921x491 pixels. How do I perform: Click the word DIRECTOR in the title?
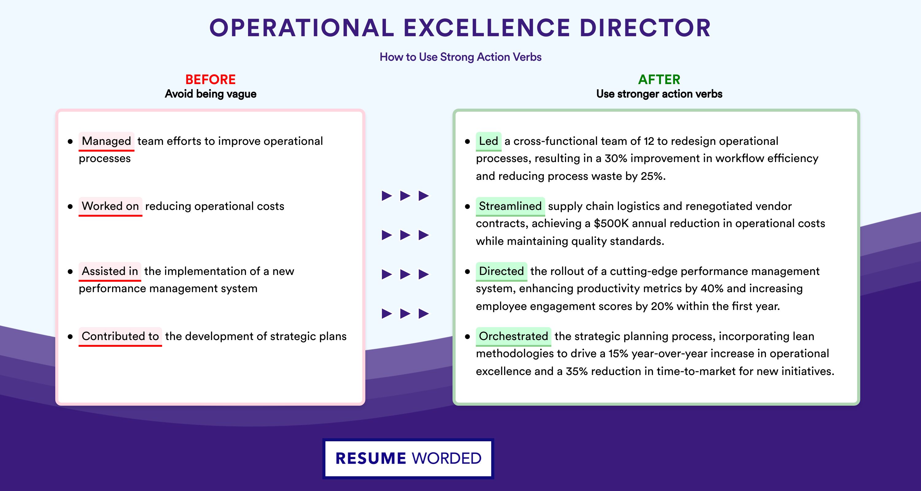point(645,28)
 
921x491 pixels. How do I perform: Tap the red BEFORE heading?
point(211,79)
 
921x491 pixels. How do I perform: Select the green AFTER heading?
point(659,79)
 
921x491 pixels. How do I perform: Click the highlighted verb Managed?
point(107,141)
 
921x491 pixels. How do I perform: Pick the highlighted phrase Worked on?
point(111,206)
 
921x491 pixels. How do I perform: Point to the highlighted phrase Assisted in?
point(110,271)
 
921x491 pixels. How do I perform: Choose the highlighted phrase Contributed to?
point(120,336)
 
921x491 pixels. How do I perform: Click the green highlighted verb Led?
point(488,141)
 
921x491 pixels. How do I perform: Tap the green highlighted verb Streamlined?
point(510,206)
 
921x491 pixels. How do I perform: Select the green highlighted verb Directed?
point(501,271)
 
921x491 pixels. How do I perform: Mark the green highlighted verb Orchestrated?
point(513,336)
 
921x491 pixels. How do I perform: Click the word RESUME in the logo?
point(371,458)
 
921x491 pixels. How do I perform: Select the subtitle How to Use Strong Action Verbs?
point(460,57)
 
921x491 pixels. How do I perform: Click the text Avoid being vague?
point(211,94)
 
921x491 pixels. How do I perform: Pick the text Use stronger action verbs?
point(659,94)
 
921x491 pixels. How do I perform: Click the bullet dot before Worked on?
point(70,207)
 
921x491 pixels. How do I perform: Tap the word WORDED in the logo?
point(447,458)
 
